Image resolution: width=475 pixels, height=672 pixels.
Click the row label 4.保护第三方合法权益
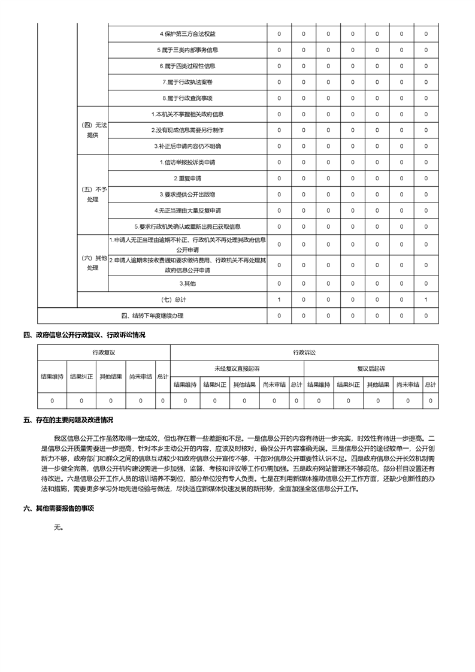[x=187, y=34]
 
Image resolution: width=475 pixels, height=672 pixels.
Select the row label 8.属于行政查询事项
[x=187, y=98]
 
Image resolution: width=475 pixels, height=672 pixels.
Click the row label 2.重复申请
[x=187, y=178]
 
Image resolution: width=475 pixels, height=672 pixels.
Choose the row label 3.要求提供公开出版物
[x=187, y=195]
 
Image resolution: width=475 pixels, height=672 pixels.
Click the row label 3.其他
[x=187, y=283]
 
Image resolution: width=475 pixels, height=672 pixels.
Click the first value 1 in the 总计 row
[x=279, y=299]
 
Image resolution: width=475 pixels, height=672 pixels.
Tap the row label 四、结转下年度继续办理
[x=152, y=316]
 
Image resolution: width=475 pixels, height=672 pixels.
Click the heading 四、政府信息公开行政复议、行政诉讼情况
[x=84, y=335]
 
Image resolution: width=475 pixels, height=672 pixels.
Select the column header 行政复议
[x=104, y=353]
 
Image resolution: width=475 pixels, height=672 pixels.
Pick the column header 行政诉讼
[x=304, y=353]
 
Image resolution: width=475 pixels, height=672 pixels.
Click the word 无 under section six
[x=58, y=528]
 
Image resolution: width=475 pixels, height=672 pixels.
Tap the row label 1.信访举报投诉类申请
[x=187, y=162]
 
